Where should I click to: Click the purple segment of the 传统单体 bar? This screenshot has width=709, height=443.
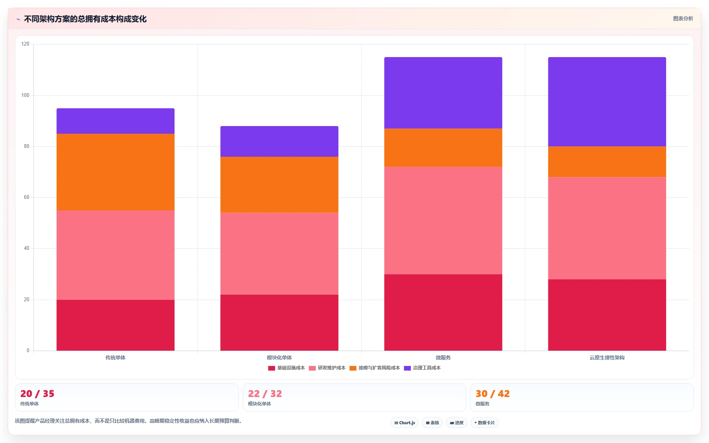tap(115, 121)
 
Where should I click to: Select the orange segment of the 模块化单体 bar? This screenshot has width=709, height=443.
tap(279, 185)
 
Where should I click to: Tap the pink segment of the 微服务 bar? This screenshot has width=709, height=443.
tap(443, 220)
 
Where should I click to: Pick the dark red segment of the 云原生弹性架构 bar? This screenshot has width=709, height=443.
tap(607, 315)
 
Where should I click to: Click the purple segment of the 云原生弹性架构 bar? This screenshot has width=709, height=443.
tap(607, 102)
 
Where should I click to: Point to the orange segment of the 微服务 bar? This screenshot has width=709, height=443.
tap(443, 148)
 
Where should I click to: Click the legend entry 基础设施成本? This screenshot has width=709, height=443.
tap(286, 368)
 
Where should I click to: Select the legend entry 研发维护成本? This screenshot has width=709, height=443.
tap(327, 368)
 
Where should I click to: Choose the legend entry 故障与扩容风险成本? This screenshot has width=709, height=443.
tap(375, 368)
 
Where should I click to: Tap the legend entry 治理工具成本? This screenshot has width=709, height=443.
tap(422, 368)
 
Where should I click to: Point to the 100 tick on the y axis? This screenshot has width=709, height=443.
tap(25, 95)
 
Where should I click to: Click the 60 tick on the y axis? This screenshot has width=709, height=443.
tap(26, 197)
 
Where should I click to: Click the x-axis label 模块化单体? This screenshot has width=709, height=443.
tap(279, 358)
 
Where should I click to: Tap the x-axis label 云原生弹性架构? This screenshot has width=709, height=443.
tap(607, 358)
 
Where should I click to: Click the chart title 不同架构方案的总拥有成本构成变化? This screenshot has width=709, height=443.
tap(85, 19)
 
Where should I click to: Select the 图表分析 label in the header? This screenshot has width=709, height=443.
tap(683, 18)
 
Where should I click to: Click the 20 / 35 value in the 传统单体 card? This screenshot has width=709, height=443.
tap(37, 394)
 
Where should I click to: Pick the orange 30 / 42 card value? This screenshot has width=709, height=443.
tap(492, 394)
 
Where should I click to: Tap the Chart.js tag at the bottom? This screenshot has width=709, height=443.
tap(405, 423)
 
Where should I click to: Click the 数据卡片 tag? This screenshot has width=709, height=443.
tap(484, 423)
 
